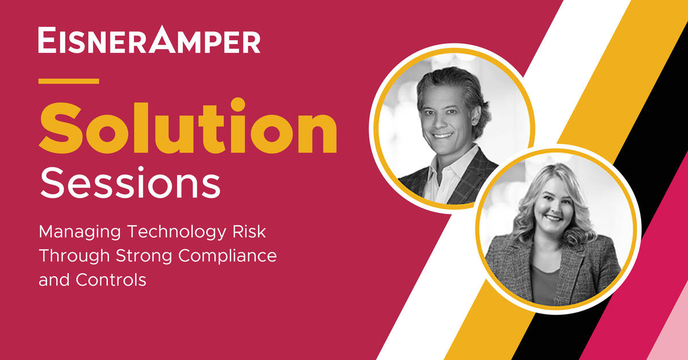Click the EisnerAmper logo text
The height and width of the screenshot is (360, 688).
click(x=149, y=41)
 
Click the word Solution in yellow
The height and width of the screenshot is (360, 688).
click(x=187, y=128)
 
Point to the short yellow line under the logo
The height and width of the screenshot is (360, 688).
click(x=69, y=81)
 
